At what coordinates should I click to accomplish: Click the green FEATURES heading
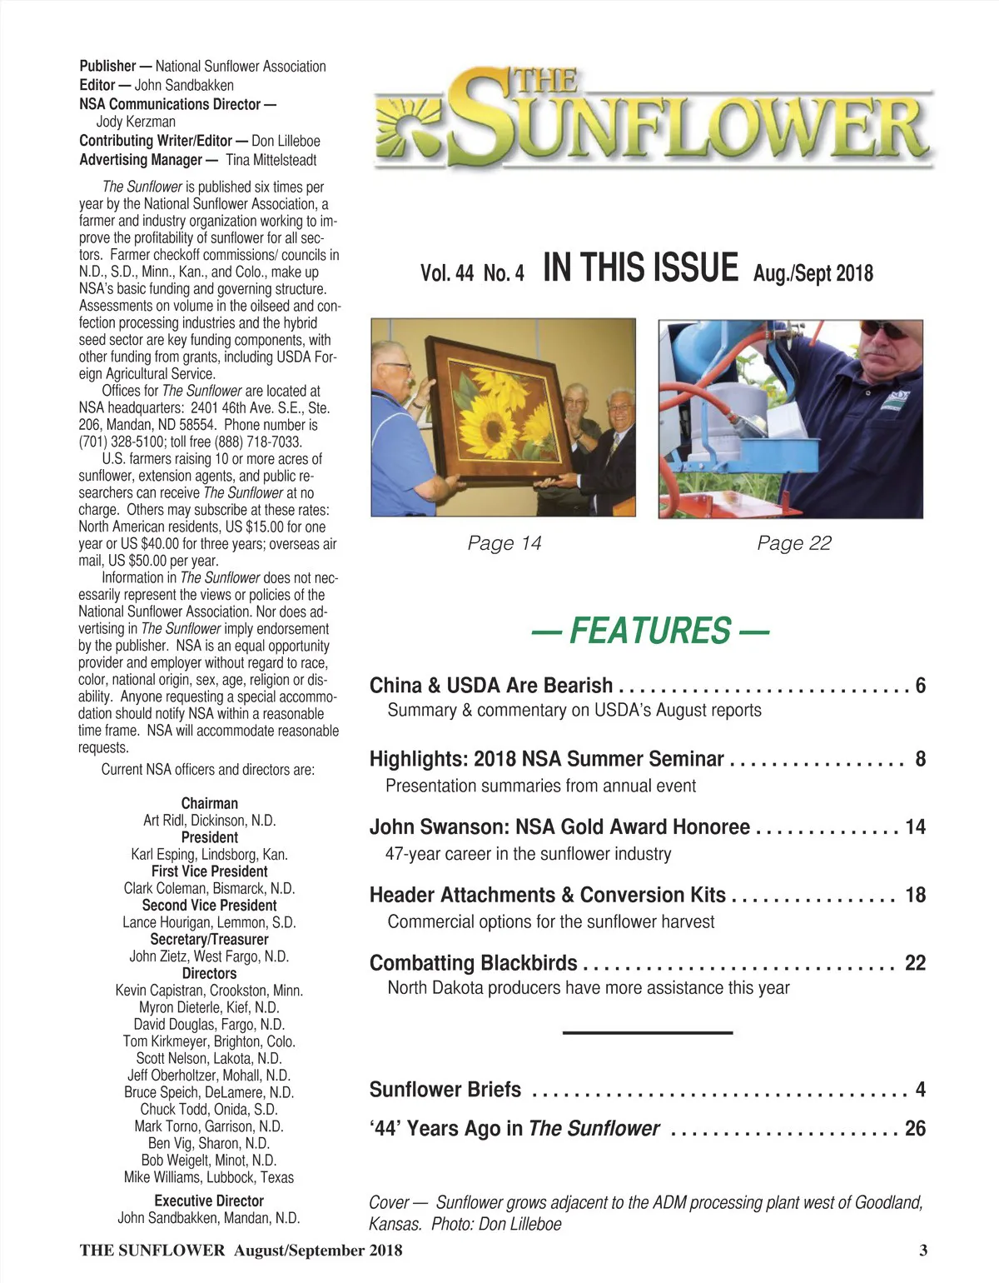(649, 631)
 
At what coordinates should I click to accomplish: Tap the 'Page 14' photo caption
(504, 543)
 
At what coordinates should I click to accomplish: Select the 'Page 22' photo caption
(793, 543)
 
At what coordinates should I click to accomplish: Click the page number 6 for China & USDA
(920, 686)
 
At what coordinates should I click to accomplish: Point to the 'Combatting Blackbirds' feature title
(473, 963)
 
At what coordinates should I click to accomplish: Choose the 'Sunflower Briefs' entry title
(445, 1090)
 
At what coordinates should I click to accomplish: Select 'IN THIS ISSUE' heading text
(639, 268)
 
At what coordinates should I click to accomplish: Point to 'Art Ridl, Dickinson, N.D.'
(209, 821)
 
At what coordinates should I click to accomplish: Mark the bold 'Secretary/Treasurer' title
(209, 940)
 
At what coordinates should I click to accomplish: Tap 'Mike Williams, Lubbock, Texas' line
(209, 1177)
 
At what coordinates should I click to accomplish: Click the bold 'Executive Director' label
(209, 1201)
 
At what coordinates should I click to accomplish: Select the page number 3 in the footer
(923, 1250)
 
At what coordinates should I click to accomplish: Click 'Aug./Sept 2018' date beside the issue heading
(813, 273)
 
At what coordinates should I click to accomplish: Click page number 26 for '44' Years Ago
(915, 1129)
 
